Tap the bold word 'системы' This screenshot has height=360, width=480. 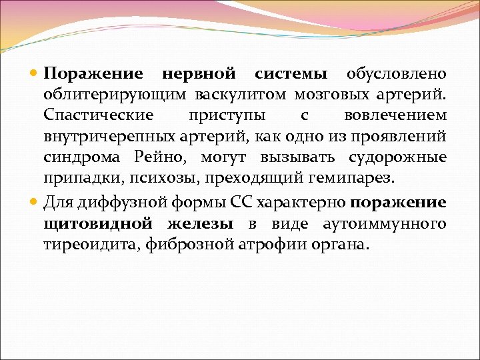point(291,73)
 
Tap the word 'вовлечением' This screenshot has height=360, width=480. point(395,115)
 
